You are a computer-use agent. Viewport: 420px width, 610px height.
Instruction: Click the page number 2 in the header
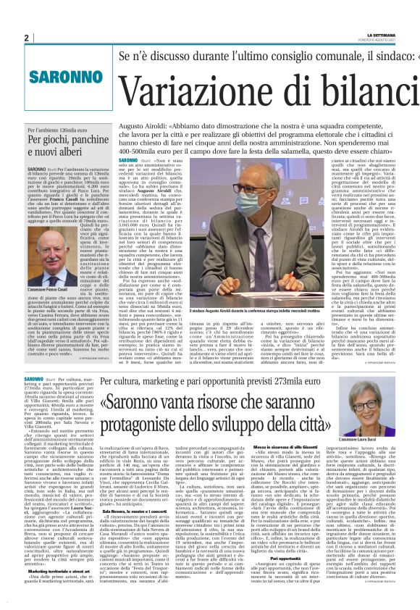coord(25,38)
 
